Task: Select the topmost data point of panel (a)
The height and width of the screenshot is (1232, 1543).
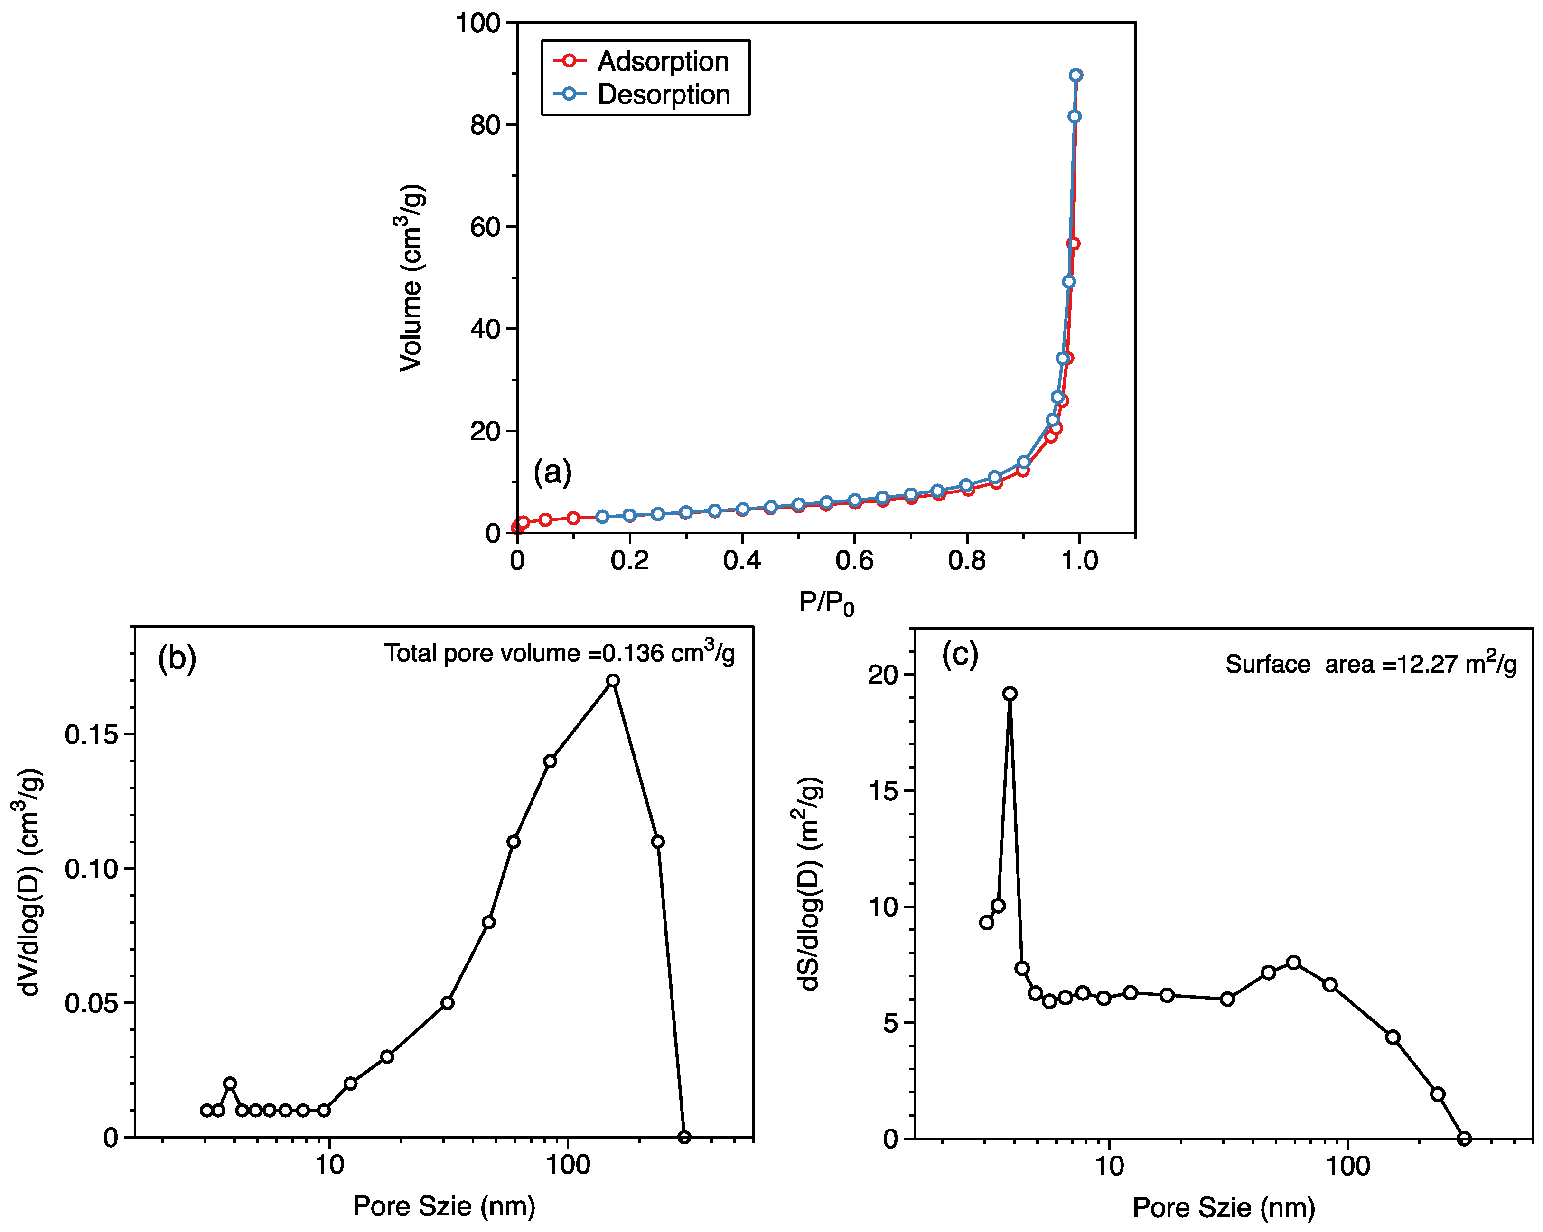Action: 1075,75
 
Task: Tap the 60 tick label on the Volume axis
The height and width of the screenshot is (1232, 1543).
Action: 485,227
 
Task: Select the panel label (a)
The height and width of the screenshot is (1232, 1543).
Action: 552,472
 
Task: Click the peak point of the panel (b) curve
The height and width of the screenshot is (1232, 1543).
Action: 613,680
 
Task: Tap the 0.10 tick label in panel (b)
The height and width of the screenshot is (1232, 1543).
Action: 91,869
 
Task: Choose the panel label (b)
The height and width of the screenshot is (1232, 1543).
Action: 177,658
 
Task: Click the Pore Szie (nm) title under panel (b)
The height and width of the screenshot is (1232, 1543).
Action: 444,1206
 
